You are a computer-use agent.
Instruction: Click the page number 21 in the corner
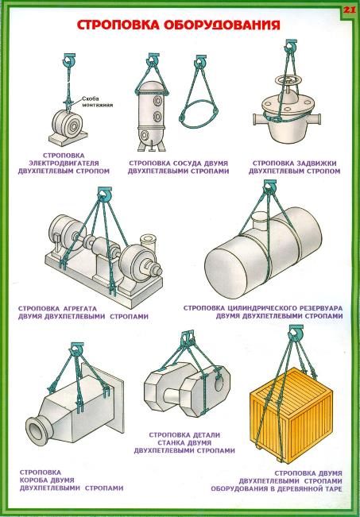click(x=350, y=10)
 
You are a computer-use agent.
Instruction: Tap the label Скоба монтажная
click(x=97, y=102)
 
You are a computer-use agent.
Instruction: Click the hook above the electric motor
click(x=69, y=60)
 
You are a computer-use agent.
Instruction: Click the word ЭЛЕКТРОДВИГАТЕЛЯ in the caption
click(x=64, y=164)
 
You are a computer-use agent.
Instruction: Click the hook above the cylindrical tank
click(x=270, y=186)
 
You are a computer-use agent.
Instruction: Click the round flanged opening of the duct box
click(x=37, y=430)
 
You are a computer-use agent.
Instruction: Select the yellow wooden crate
click(x=291, y=415)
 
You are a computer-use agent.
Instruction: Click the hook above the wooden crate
click(x=296, y=331)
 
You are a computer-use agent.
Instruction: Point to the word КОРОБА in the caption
click(x=34, y=480)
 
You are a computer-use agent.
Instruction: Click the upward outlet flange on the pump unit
click(x=147, y=239)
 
